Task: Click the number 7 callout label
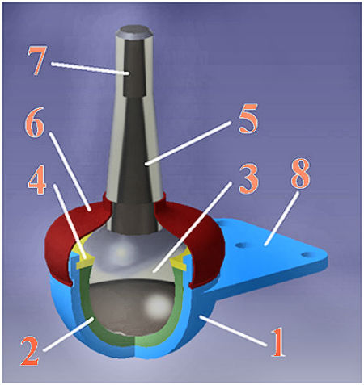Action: click(37, 61)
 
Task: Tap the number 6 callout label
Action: click(35, 123)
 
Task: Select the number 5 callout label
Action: click(248, 119)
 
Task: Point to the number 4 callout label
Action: click(37, 179)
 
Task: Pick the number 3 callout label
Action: click(249, 179)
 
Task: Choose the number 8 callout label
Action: click(300, 174)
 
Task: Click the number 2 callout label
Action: click(30, 351)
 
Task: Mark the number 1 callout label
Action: click(278, 342)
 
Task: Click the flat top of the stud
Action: click(134, 31)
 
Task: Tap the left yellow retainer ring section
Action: click(82, 257)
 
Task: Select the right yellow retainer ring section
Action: click(180, 259)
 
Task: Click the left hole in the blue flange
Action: click(240, 245)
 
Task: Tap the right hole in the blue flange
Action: click(305, 254)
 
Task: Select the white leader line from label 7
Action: click(90, 69)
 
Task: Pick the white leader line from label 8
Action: click(281, 219)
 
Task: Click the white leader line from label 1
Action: click(233, 331)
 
